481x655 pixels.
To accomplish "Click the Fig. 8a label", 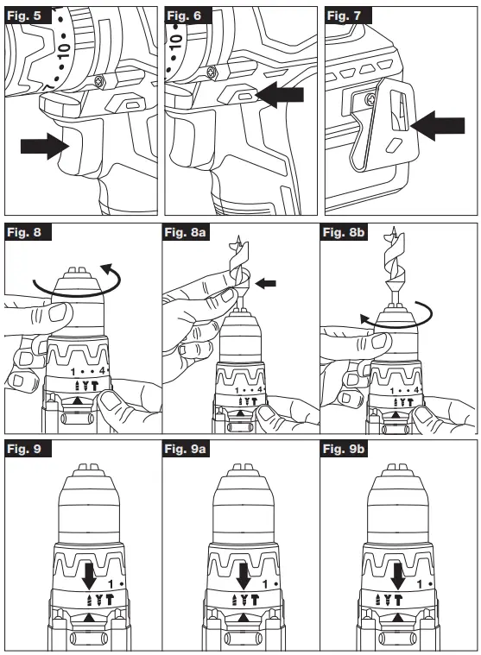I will (187, 232).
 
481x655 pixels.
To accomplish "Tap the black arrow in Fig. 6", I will (282, 94).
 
